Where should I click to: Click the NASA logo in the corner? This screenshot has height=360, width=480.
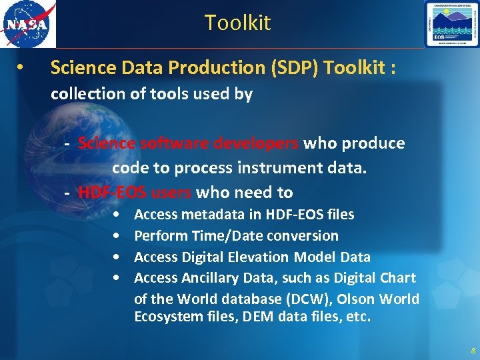click(27, 24)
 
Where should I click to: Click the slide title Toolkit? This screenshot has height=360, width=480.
click(237, 23)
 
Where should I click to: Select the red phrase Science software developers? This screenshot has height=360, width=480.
click(188, 143)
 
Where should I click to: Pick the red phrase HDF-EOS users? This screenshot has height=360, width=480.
click(135, 193)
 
